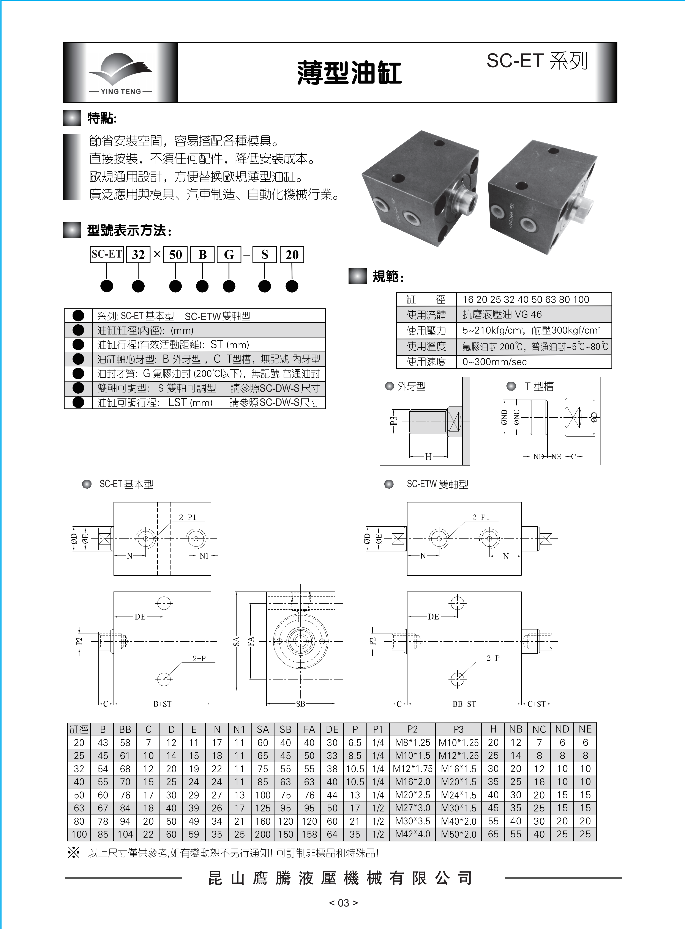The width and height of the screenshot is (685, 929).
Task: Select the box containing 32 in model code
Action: pyautogui.click(x=138, y=254)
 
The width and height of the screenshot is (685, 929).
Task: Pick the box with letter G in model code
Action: pyautogui.click(x=229, y=254)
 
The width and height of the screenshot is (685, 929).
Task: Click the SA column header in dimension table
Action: pyautogui.click(x=262, y=729)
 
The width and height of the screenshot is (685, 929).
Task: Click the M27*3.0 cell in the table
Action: pyautogui.click(x=413, y=808)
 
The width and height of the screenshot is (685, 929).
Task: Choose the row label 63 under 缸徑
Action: pyautogui.click(x=79, y=808)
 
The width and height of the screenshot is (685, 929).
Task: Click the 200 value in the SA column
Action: pyautogui.click(x=262, y=834)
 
